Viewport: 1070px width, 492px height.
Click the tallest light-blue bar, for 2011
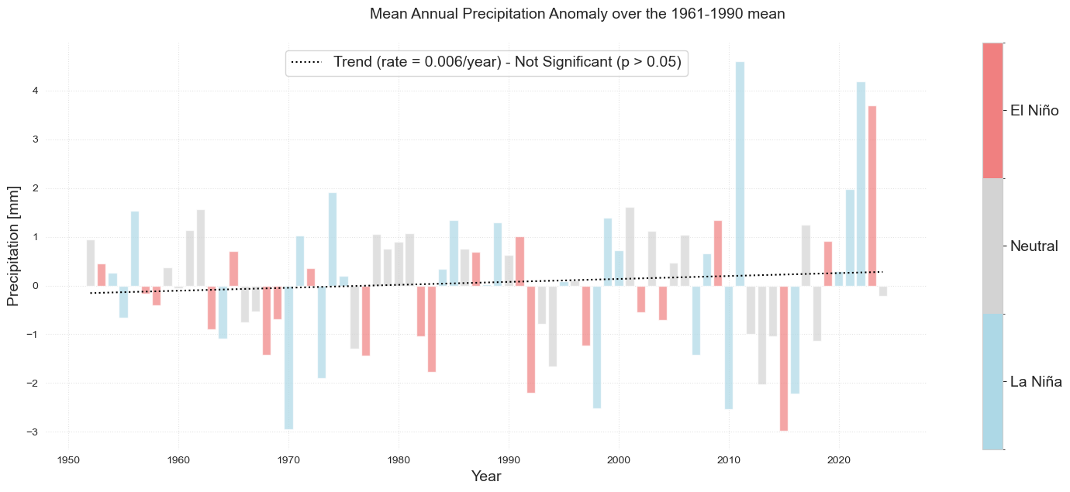[740, 174]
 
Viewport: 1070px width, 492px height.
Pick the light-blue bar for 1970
[288, 357]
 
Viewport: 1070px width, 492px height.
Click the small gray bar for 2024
[883, 291]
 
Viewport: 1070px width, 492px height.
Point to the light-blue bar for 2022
[861, 184]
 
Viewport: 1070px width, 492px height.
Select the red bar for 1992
[531, 339]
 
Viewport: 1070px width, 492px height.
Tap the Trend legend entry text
[507, 62]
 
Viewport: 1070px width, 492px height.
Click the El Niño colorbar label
[1034, 111]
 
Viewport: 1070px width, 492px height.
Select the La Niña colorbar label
[1035, 381]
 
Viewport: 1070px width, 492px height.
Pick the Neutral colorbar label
[1034, 246]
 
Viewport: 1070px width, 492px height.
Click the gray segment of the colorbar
[992, 246]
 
